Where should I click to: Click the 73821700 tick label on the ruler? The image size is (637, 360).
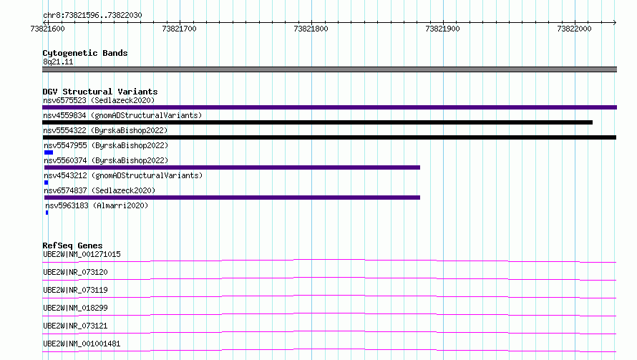pyautogui.click(x=179, y=29)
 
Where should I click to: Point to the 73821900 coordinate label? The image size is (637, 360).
pyautogui.click(x=442, y=29)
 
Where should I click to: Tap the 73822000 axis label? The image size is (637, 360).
pyautogui.click(x=574, y=29)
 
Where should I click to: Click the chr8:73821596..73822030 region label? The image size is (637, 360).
pyautogui.click(x=92, y=16)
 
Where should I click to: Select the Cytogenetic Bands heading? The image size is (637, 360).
pyautogui.click(x=85, y=53)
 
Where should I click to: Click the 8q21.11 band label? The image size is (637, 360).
pyautogui.click(x=58, y=62)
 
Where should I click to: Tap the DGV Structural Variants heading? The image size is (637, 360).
pyautogui.click(x=100, y=92)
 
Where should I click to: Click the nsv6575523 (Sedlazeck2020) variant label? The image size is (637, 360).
pyautogui.click(x=99, y=100)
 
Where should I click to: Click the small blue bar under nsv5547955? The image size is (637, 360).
pyautogui.click(x=49, y=152)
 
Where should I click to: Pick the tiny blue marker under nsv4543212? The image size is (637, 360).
pyautogui.click(x=47, y=183)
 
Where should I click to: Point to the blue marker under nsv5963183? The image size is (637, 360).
pyautogui.click(x=47, y=213)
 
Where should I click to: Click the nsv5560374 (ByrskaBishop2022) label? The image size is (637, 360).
pyautogui.click(x=106, y=160)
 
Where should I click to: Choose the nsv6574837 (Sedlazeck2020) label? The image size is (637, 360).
pyautogui.click(x=99, y=190)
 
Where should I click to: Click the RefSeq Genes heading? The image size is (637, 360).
pyautogui.click(x=72, y=245)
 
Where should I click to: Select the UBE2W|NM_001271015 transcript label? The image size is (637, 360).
pyautogui.click(x=82, y=254)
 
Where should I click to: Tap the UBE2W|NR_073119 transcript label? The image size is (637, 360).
pyautogui.click(x=75, y=290)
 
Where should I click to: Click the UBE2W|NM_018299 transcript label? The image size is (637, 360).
pyautogui.click(x=75, y=308)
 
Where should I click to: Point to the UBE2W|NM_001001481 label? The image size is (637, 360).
pyautogui.click(x=82, y=344)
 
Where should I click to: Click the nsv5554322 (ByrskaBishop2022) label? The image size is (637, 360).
pyautogui.click(x=105, y=130)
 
